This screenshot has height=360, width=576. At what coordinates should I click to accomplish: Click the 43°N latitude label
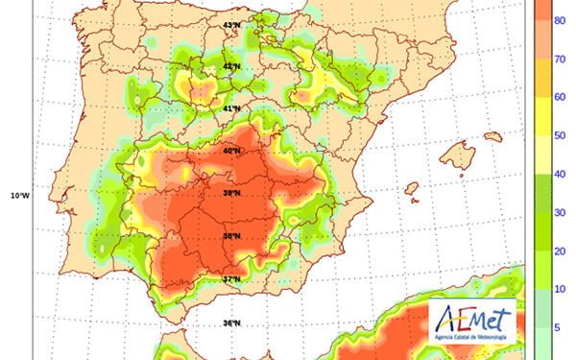pos(230,24)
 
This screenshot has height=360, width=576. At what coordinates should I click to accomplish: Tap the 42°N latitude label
pos(230,66)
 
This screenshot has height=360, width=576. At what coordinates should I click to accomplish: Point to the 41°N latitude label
pos(230,108)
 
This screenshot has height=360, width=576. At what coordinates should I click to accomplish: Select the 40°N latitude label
pos(230,151)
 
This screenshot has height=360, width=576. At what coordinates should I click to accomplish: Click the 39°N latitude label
pos(230,193)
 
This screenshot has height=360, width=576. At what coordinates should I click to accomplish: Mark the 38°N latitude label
pos(230,236)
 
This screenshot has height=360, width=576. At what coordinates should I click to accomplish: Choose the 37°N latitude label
pos(230,279)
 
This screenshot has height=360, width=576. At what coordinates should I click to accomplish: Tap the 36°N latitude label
pos(230,324)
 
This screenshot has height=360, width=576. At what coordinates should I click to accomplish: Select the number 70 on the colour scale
pos(558,59)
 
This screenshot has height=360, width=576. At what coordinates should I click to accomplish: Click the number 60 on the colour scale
pos(558,97)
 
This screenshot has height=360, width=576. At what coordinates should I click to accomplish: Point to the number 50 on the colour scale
pos(558,136)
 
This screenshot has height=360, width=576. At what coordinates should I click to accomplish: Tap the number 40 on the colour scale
pos(558,174)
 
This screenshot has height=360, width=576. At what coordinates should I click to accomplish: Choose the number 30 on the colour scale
pos(558,212)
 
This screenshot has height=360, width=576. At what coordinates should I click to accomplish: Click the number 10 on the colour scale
pos(558,288)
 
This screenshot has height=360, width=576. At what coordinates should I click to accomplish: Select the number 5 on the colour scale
pos(558,326)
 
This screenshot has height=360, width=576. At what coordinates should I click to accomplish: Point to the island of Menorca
pos(492,137)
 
